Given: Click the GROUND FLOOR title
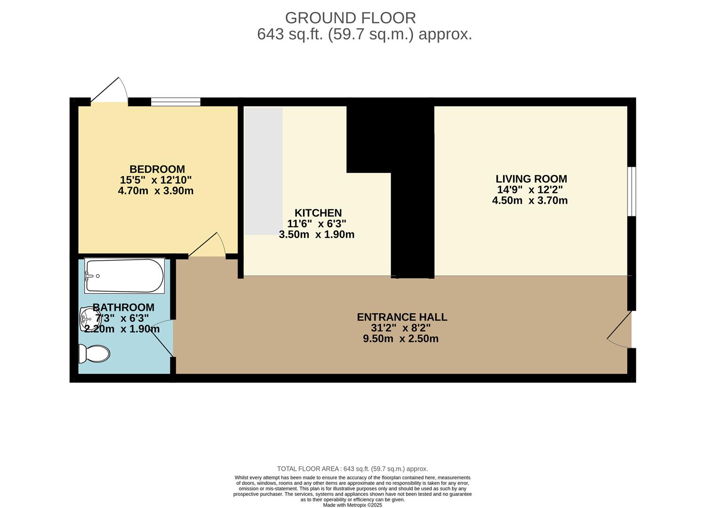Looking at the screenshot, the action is [350, 18].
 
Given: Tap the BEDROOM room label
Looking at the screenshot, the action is [157, 169].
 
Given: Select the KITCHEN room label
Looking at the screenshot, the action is [318, 213].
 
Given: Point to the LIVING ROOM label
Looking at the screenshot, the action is [531, 179].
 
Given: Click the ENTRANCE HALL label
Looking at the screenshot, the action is [402, 317].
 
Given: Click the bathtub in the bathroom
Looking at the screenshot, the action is [124, 276].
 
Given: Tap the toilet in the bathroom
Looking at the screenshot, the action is [94, 354].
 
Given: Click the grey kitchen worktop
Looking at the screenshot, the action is [264, 171].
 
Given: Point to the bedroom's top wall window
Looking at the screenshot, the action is [176, 102].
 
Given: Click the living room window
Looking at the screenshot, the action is [632, 191].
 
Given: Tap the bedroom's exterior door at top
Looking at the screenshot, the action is [109, 90].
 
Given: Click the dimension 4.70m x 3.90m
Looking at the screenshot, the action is [155, 191].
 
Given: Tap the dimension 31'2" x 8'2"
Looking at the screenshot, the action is [401, 328].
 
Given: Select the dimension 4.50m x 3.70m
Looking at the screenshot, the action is [530, 201].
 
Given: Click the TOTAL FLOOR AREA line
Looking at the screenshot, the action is [352, 469].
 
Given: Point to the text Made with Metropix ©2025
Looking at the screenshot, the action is [352, 505].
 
